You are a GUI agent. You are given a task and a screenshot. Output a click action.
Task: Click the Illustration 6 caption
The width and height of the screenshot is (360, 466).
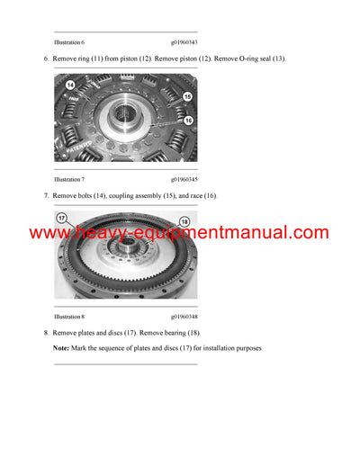pos(69,42)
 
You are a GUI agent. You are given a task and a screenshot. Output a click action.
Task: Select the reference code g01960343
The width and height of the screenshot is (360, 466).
pos(184,42)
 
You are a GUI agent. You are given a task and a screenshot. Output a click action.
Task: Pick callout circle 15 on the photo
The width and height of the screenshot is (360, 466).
pos(187,96)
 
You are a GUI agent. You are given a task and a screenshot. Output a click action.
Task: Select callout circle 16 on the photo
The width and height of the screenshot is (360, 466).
pos(187,119)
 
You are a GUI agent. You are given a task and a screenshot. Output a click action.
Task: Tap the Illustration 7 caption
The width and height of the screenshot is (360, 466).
pos(69,179)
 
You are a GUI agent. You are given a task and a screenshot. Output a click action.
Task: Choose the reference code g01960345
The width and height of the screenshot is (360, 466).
pos(184,179)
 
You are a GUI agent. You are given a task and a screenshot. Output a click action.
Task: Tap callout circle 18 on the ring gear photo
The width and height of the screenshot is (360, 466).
pos(183,221)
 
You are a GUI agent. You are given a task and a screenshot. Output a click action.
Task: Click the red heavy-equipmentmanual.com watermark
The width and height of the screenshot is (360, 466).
pos(180,233)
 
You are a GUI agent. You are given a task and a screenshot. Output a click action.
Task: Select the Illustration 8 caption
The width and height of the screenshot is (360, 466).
pos(69,317)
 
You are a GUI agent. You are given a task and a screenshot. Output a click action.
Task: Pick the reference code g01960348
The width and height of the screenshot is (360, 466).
pos(184,317)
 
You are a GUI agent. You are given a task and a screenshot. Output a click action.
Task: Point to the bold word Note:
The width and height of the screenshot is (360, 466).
pos(61,348)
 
